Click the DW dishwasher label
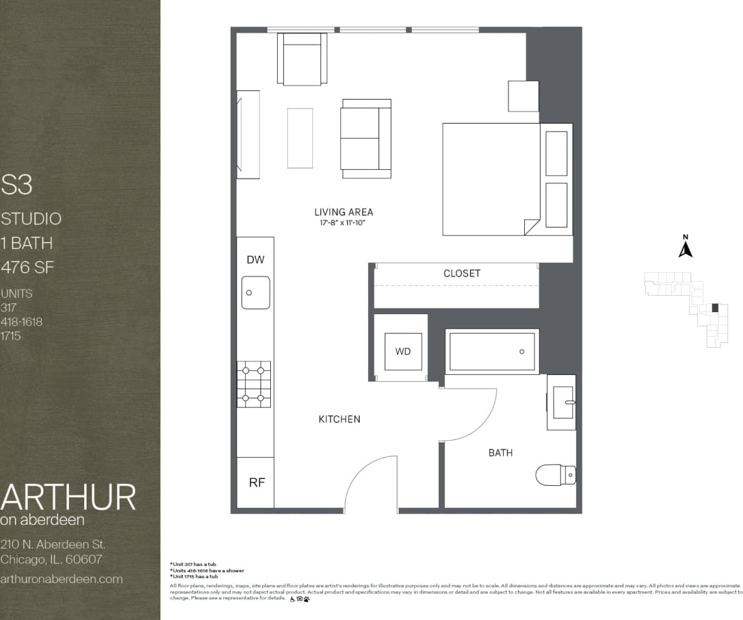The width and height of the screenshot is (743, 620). click(x=255, y=260)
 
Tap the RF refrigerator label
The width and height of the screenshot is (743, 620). click(x=257, y=482)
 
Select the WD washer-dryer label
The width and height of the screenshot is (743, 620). click(x=403, y=352)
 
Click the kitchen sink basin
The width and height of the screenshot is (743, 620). click(x=256, y=292)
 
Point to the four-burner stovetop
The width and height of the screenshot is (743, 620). click(x=254, y=384)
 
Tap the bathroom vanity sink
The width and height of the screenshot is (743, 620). click(x=562, y=402)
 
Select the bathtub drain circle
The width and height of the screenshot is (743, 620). click(x=522, y=352)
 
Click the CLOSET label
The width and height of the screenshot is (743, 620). click(x=461, y=273)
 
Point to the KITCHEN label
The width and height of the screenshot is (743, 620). click(x=339, y=419)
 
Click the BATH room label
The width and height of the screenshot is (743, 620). click(x=500, y=452)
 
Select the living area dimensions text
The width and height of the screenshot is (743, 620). click(x=343, y=223)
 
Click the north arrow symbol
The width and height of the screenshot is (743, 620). click(x=685, y=249)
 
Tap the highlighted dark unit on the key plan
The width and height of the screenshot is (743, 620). click(x=715, y=307)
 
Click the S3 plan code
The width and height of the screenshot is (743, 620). click(x=17, y=185)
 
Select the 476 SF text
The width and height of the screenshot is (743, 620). click(x=28, y=268)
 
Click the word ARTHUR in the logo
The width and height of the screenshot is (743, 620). click(x=68, y=497)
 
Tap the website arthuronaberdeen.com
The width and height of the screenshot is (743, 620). click(x=61, y=579)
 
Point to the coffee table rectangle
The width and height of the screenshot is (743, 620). click(x=300, y=138)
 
